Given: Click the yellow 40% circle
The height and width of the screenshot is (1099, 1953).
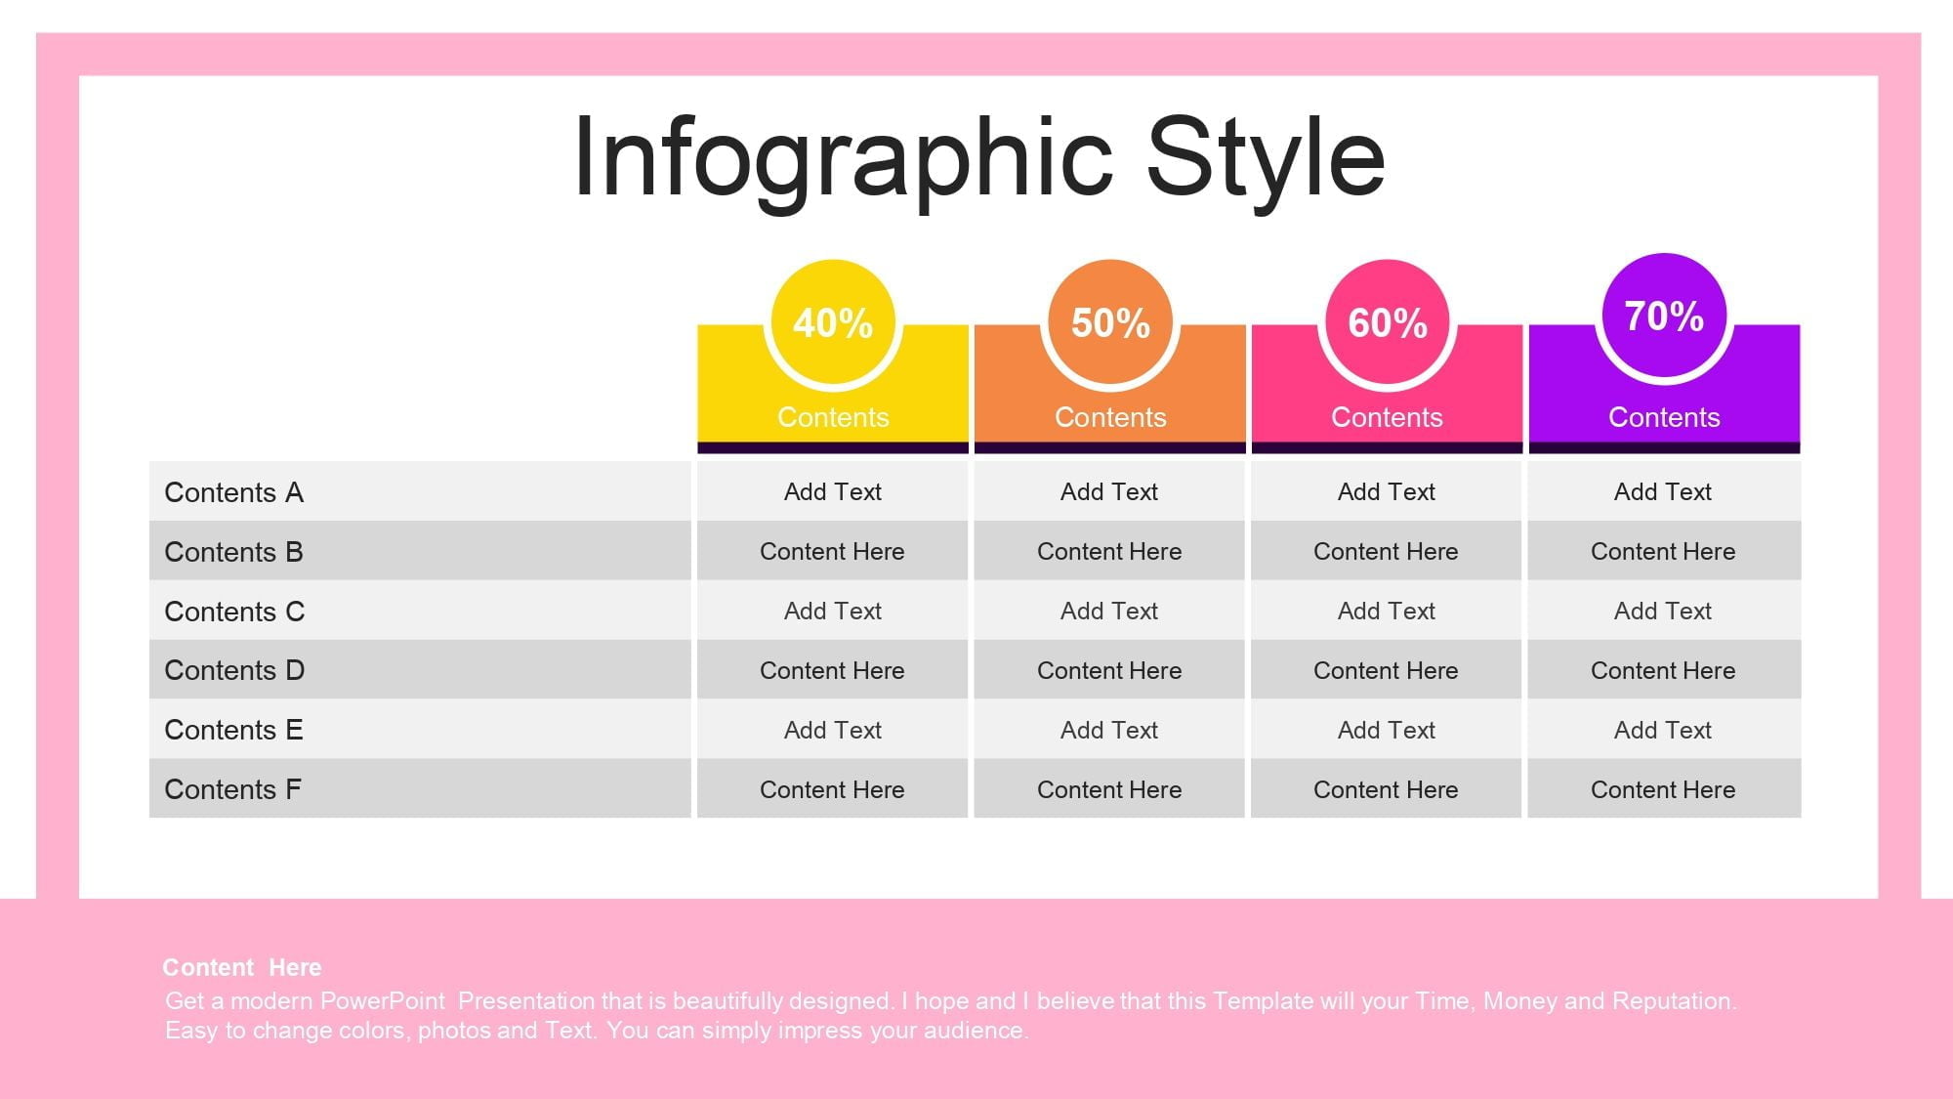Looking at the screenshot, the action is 833,321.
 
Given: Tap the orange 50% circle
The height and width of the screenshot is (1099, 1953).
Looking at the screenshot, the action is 1110,321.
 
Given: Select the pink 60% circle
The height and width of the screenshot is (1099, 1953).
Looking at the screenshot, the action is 1387,321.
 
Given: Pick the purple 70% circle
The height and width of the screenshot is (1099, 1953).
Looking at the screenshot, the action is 1664,315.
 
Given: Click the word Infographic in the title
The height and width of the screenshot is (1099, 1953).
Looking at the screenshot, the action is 843,159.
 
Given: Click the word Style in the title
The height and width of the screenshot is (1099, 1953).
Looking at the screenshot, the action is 1266,159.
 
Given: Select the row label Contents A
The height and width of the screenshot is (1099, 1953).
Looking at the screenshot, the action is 233,492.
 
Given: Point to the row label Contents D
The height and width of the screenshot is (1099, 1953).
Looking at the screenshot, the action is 234,670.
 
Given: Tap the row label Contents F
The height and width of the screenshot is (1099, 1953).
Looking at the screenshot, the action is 232,789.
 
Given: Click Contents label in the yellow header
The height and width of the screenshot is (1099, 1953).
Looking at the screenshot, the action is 833,417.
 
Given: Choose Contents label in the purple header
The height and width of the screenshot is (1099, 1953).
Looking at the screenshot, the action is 1664,417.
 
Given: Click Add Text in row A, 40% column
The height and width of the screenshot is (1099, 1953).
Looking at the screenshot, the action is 833,491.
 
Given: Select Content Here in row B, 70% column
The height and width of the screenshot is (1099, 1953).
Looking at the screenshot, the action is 1663,551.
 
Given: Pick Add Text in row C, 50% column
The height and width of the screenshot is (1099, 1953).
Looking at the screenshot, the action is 1109,611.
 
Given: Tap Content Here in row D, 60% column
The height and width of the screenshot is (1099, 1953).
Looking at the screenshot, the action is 1386,670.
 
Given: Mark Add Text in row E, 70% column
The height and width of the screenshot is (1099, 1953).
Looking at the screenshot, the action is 1663,730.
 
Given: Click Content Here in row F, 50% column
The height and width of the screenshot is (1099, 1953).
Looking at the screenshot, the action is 1109,789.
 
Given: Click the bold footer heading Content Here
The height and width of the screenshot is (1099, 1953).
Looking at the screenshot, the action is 241,967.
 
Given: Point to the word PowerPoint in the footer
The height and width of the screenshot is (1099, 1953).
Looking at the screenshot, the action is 383,1000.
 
